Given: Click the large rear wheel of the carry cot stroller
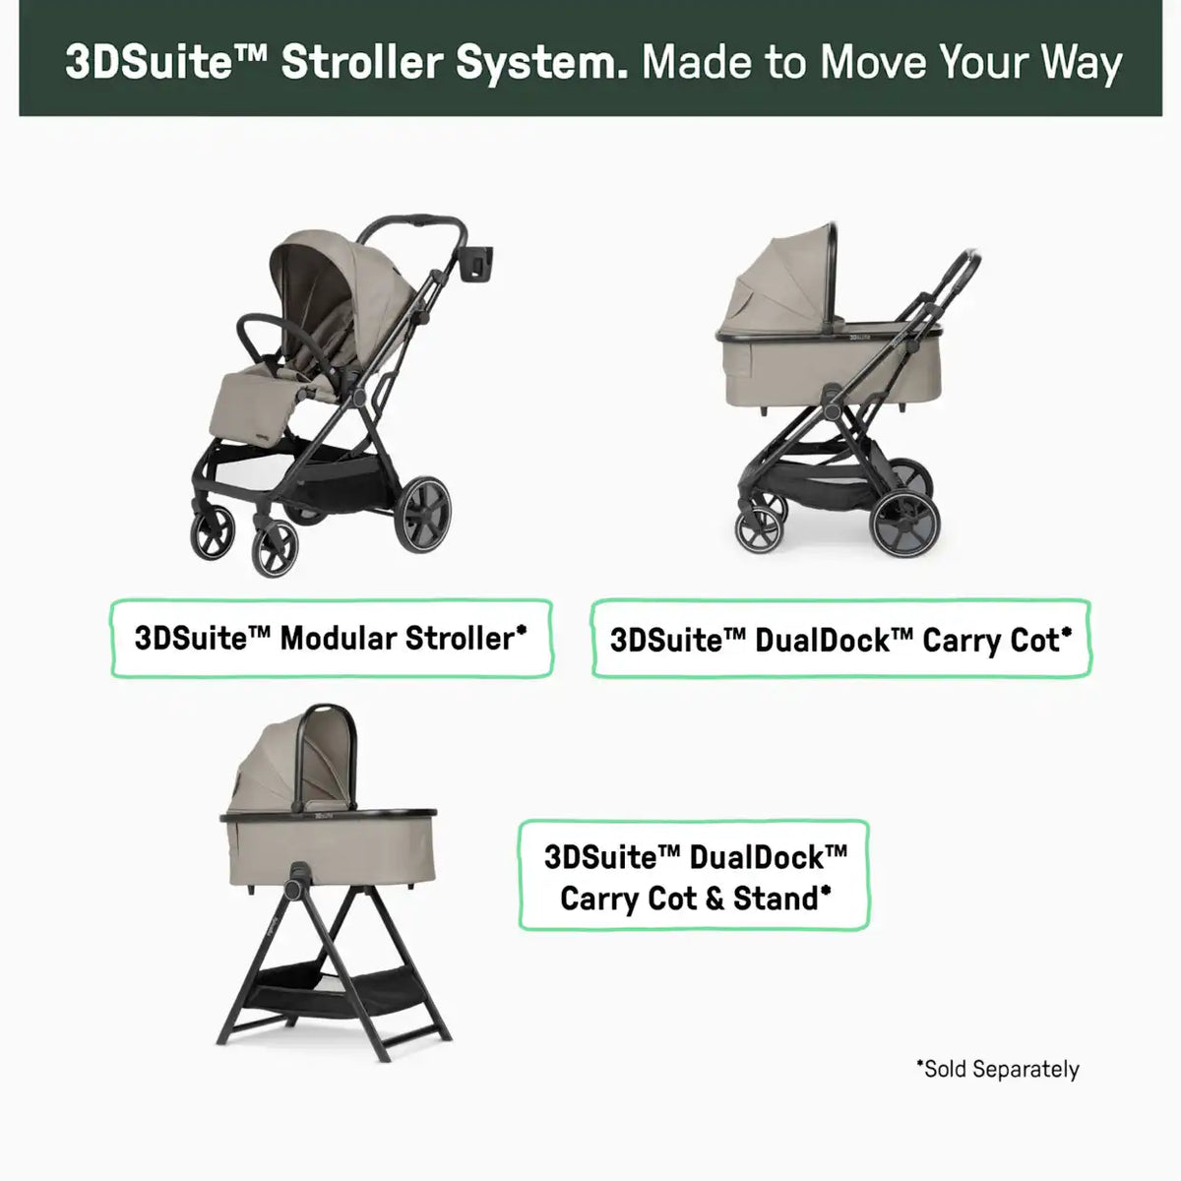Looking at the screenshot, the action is click(x=906, y=523).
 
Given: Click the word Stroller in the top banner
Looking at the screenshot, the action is click(x=362, y=63).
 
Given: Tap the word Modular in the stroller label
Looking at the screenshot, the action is click(x=339, y=638).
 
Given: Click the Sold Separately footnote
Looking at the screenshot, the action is click(x=998, y=1069).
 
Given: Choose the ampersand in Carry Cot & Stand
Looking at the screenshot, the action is click(x=715, y=900).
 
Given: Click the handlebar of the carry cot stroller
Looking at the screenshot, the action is click(x=956, y=276).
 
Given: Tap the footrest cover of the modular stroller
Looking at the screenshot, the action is click(x=253, y=407).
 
